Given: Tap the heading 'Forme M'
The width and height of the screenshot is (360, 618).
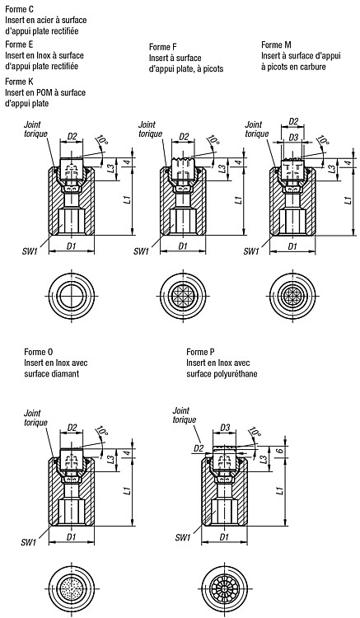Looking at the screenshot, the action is point(277,44).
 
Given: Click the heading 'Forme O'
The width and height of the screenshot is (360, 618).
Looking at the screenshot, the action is point(39,352).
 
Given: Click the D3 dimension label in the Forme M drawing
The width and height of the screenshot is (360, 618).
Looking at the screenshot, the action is point(293,138).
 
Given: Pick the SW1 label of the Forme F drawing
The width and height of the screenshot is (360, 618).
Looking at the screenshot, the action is point(141,251).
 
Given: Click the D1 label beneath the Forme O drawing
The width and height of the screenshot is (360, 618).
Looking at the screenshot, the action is point(72,536).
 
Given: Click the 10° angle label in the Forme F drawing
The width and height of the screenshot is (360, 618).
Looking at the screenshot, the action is point(213,140).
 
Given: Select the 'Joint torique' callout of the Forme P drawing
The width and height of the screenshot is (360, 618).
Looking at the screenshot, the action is point(184,415).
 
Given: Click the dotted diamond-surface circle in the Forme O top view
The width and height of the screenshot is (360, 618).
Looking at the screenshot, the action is point(72,584).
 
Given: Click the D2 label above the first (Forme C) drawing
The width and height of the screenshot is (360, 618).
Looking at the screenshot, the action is point(72,136).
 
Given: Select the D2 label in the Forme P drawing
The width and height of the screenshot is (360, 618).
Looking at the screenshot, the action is point(199,447).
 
